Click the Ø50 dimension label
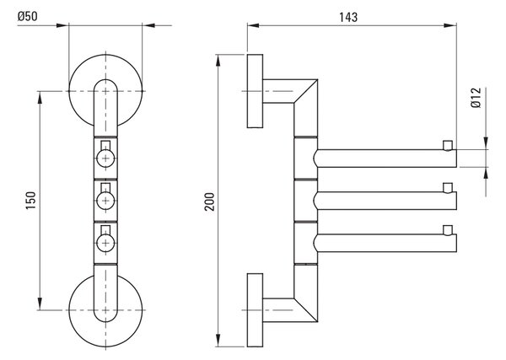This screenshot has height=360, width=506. (28, 16)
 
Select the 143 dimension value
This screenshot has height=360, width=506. (348, 17)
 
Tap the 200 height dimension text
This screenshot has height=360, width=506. (210, 201)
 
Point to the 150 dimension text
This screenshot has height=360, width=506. (31, 201)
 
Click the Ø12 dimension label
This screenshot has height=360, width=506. (476, 98)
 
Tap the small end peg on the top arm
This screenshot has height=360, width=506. (448, 146)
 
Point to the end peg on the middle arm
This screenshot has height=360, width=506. (448, 188)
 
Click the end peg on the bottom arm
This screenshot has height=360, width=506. (448, 230)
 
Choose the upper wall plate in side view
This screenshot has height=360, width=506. (255, 91)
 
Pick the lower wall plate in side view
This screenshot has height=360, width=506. (255, 310)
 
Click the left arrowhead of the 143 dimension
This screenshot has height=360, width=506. (253, 25)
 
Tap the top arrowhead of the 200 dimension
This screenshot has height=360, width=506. (218, 61)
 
